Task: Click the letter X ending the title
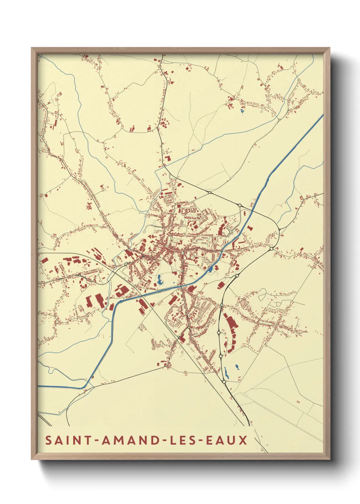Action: point(243,440)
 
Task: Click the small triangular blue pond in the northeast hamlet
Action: point(242,110)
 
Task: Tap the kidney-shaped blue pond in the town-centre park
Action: point(159,280)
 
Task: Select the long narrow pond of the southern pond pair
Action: point(226,374)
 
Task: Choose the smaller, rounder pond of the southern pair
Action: point(236,367)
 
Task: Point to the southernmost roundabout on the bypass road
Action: point(224,382)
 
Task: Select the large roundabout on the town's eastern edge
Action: point(271,249)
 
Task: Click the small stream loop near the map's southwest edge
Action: point(51,369)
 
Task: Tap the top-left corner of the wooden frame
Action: point(32,48)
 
